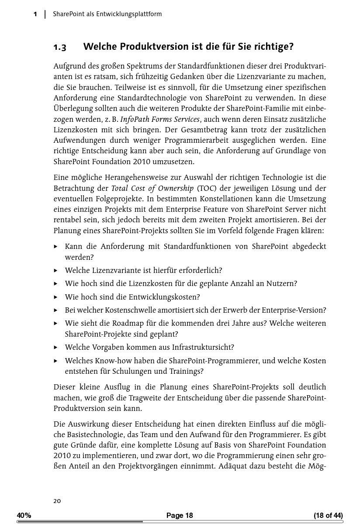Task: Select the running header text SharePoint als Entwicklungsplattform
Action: click(x=107, y=14)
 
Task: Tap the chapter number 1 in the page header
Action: click(x=35, y=14)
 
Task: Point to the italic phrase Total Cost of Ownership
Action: click(x=152, y=188)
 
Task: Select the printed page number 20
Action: click(x=57, y=501)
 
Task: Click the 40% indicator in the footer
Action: click(x=24, y=515)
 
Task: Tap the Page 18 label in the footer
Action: click(x=180, y=515)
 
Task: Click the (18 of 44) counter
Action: click(x=328, y=515)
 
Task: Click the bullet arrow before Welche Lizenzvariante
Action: click(x=56, y=270)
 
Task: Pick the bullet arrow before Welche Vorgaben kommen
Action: click(x=56, y=348)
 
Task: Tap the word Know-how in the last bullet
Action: click(x=111, y=361)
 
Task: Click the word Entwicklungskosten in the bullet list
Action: click(x=164, y=297)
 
